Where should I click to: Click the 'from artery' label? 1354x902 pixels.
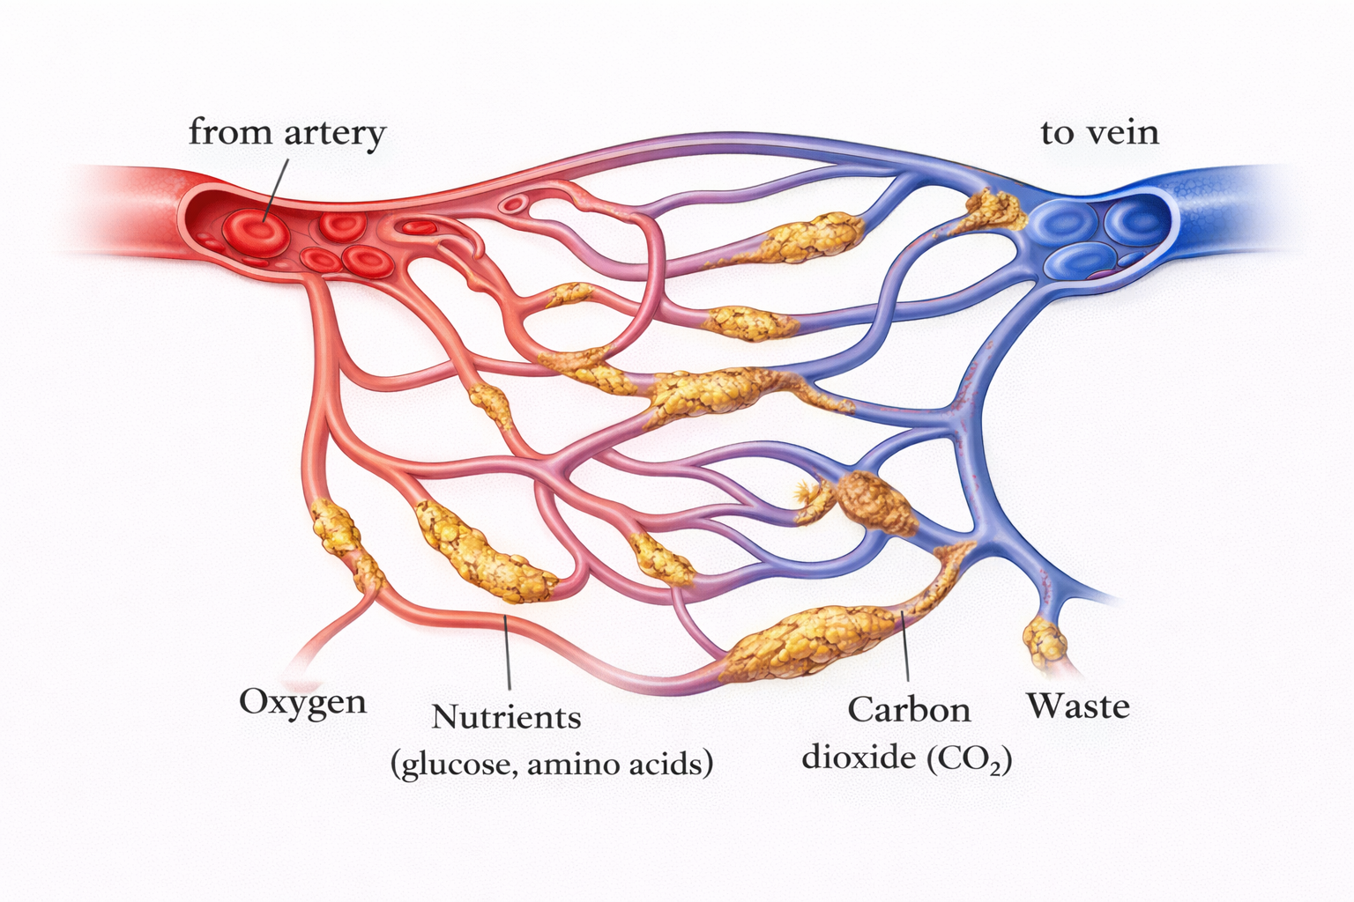(x=287, y=133)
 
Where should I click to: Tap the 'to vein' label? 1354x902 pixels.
(x=1099, y=133)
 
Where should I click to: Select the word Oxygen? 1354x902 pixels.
(x=302, y=702)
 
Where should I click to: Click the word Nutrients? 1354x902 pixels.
(x=506, y=717)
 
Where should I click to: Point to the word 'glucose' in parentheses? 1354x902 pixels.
(x=457, y=762)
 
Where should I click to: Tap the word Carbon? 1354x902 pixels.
(x=909, y=709)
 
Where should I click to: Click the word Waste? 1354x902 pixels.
(x=1077, y=706)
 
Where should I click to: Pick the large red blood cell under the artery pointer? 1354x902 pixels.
(x=256, y=226)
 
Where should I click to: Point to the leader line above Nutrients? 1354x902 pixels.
(x=508, y=652)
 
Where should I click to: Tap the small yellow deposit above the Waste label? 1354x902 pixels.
(x=1045, y=641)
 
